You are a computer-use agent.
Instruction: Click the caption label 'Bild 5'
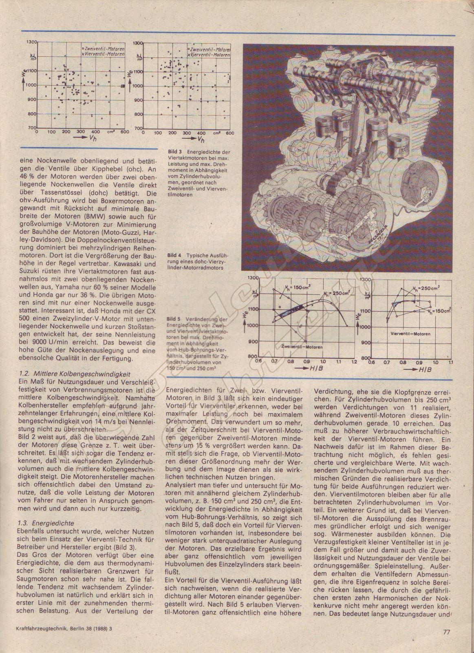click(x=175, y=319)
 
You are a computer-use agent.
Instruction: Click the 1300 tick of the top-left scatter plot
click(x=31, y=42)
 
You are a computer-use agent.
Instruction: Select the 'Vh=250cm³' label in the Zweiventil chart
click(x=337, y=293)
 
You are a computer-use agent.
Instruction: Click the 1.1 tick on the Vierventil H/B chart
click(x=450, y=362)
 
